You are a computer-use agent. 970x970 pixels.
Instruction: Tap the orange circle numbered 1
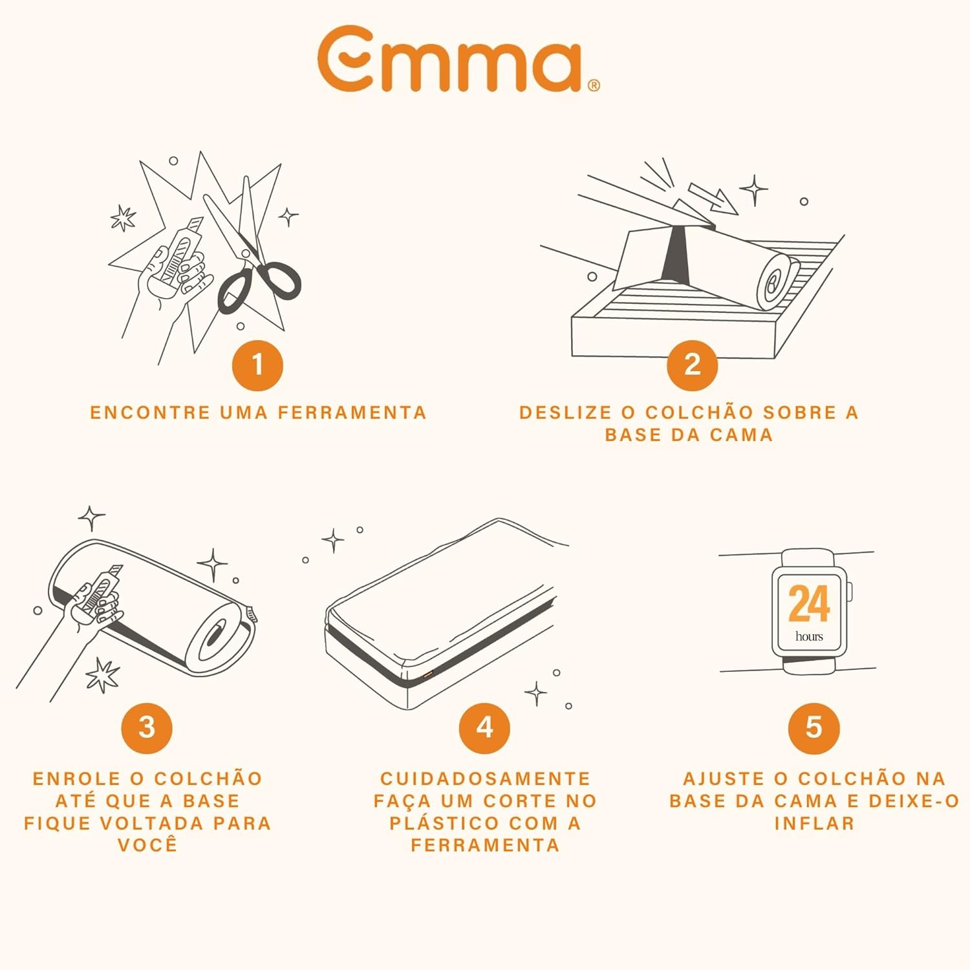pos(257,365)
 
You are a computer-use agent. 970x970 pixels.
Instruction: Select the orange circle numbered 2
pos(692,365)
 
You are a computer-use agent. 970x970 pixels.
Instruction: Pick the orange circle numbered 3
pos(147,727)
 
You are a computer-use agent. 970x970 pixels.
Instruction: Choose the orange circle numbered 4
pos(484,727)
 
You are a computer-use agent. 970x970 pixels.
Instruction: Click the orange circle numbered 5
pos(814,727)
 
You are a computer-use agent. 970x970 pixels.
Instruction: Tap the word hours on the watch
pos(809,636)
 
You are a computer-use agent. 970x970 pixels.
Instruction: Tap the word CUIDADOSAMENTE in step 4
pos(485,779)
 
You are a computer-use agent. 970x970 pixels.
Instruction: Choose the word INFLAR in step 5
pos(814,823)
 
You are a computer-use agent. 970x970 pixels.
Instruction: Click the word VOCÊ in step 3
pos(147,845)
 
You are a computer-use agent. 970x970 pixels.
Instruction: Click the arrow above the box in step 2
pos(713,198)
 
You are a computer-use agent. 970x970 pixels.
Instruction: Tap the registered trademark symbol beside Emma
pos(594,85)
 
